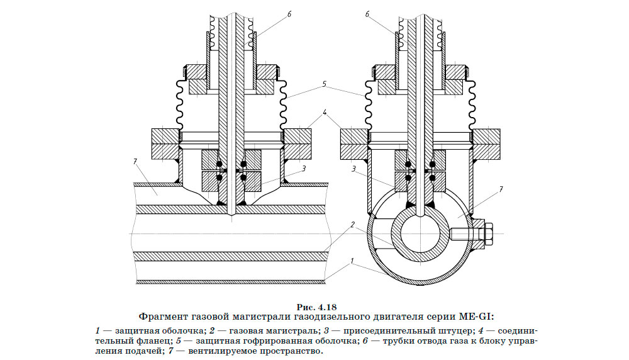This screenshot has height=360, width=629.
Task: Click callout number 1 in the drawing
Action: tap(352, 261)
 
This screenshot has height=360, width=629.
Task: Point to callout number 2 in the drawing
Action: tap(353, 225)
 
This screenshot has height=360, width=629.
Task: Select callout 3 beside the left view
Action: tap(304, 169)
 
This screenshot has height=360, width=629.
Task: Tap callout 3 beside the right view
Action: tap(354, 169)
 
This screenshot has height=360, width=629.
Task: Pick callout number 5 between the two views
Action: tap(324, 85)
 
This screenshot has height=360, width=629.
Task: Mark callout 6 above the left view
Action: tap(289, 14)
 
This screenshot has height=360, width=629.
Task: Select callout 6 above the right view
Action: tap(367, 14)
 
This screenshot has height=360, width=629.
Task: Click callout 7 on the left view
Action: tap(135, 162)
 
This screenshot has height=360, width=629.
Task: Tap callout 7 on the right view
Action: tap(501, 190)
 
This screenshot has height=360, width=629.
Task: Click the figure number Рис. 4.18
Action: tap(316, 308)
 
